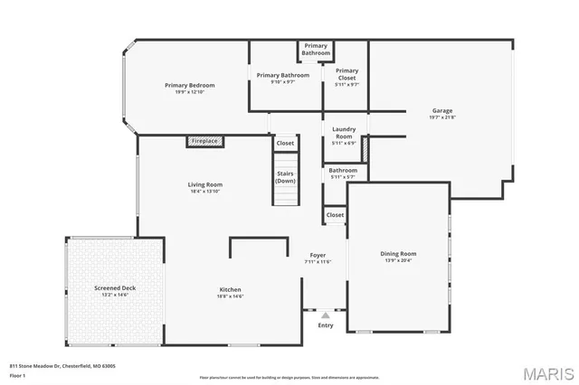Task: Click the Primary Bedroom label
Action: pyautogui.click(x=189, y=86)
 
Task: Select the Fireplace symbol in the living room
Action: pyautogui.click(x=205, y=141)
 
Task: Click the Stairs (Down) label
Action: pyautogui.click(x=285, y=177)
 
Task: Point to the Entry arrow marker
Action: pyautogui.click(x=326, y=315)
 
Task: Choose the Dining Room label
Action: pyautogui.click(x=397, y=254)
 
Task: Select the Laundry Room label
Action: pyautogui.click(x=344, y=133)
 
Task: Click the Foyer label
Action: pyautogui.click(x=318, y=256)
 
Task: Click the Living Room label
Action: pyautogui.click(x=205, y=184)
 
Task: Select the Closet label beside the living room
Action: pyautogui.click(x=285, y=143)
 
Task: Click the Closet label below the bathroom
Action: pyautogui.click(x=335, y=215)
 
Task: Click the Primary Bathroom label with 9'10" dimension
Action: pyautogui.click(x=283, y=75)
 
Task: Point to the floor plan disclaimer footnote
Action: pyautogui.click(x=289, y=377)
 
